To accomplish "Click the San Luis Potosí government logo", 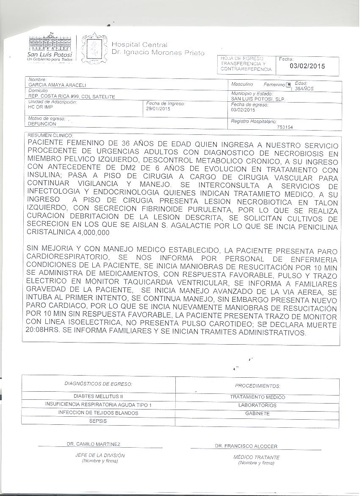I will coord(50,47).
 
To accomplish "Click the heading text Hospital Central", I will coord(139,45).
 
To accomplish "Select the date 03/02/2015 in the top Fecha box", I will coord(307,66).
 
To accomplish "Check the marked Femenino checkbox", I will coord(288,85).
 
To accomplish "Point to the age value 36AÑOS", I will coord(304,89).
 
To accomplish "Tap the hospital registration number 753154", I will coord(284,127).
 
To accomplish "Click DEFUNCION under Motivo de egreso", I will coord(42,124).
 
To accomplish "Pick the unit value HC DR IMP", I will coord(38,108).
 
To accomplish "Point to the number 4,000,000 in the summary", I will coord(93,233).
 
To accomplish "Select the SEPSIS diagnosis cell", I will coord(98,421).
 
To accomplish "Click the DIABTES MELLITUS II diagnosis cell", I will coord(98,396).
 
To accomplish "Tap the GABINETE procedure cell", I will coord(257,413).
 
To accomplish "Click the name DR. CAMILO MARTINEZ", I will coord(94,444).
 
